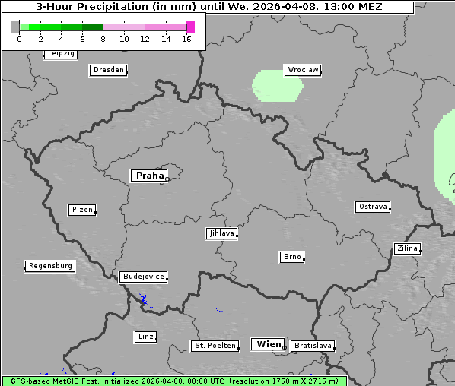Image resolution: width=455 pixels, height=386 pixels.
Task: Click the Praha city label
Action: tap(149, 176)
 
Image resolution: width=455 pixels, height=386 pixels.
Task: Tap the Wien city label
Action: tap(268, 344)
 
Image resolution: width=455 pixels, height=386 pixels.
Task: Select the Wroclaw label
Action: tap(302, 70)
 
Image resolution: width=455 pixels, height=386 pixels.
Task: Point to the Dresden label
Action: tap(107, 70)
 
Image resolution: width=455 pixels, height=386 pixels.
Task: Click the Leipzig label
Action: tap(60, 54)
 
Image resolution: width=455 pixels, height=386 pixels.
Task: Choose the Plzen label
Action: tap(81, 210)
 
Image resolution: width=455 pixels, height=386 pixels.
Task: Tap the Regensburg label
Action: tap(50, 266)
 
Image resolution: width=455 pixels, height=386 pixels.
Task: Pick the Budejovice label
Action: tap(142, 277)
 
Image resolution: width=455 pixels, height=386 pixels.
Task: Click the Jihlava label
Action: tap(221, 233)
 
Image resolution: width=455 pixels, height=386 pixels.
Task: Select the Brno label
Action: tap(292, 257)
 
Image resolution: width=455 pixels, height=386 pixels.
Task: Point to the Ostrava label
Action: tap(372, 207)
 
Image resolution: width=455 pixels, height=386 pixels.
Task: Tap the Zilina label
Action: tap(407, 248)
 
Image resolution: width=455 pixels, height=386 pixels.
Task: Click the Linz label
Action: tap(145, 336)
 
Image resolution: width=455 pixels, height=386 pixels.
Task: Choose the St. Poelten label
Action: tap(215, 346)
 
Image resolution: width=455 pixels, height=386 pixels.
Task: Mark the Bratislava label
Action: tap(313, 346)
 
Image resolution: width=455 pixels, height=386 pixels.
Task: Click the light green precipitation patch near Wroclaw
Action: tap(278, 85)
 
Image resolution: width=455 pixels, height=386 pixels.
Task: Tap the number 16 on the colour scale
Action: tap(186, 39)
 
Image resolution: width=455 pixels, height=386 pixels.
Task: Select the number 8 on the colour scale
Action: tap(103, 39)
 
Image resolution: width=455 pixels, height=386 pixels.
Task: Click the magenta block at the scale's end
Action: tap(190, 27)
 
